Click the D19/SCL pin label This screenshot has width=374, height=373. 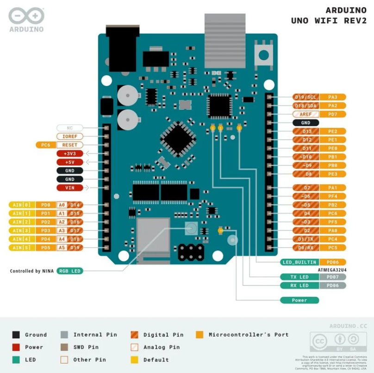click(x=305, y=97)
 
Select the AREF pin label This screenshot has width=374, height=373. click(x=305, y=114)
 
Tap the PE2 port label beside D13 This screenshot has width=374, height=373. click(x=332, y=131)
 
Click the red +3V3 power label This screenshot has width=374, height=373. click(x=69, y=154)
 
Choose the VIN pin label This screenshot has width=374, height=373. click(x=69, y=187)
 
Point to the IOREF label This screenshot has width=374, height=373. click(x=70, y=137)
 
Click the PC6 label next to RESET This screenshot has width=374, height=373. click(x=45, y=145)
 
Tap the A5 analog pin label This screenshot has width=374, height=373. click(x=62, y=247)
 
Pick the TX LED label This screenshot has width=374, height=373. click(x=299, y=277)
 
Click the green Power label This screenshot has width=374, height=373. click(x=299, y=300)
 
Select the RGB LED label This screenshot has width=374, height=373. click(x=70, y=271)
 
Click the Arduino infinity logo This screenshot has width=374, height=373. click(x=26, y=17)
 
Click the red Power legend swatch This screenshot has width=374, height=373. click(x=16, y=347)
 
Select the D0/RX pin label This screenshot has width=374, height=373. click(x=305, y=248)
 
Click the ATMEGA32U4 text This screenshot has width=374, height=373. click(x=332, y=269)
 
